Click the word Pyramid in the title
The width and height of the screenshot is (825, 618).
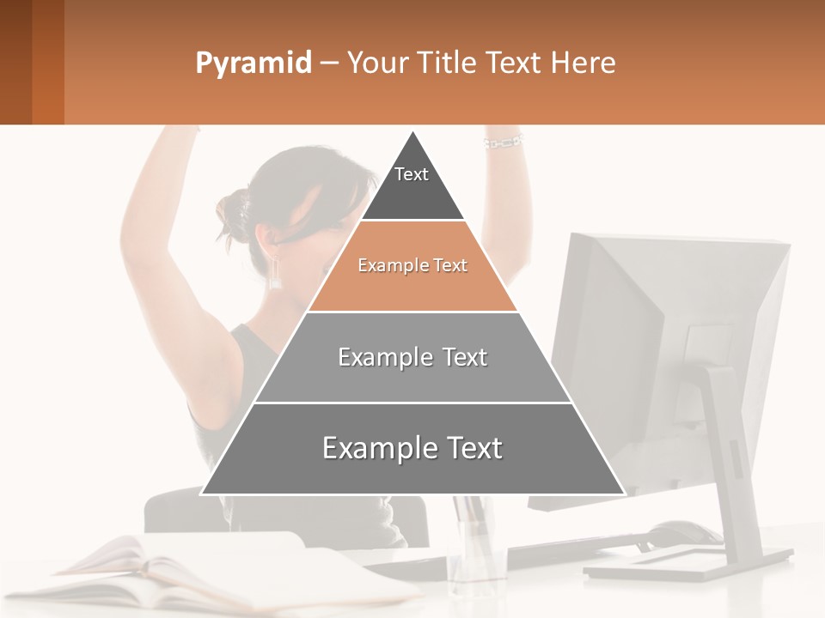coord(254,64)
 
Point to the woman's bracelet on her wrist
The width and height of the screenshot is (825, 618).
coord(504,142)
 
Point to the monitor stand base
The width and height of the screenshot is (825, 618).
coord(687,566)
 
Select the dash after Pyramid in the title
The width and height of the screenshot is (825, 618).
coord(329,64)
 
